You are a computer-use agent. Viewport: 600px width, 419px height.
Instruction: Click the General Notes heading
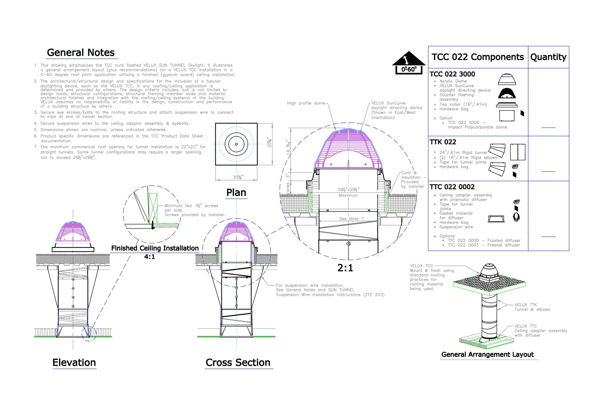pyautogui.click(x=81, y=53)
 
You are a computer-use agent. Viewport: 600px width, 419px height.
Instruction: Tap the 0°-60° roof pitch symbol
pyautogui.click(x=409, y=63)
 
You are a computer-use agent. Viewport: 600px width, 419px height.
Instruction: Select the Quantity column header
pyautogui.click(x=548, y=57)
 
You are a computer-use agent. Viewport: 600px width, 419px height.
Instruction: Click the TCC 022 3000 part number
pyautogui.click(x=452, y=74)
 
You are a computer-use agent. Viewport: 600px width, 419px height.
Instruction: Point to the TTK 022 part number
pyautogui.click(x=443, y=142)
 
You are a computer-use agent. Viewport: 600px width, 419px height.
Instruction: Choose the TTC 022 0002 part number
pyautogui.click(x=452, y=187)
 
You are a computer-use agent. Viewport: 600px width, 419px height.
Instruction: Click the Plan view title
pyautogui.click(x=236, y=193)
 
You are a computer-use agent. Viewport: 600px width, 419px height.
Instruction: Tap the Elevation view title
pyautogui.click(x=74, y=363)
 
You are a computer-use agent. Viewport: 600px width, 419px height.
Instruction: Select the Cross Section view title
pyautogui.click(x=238, y=363)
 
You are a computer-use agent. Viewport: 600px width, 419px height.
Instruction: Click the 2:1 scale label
pyautogui.click(x=345, y=268)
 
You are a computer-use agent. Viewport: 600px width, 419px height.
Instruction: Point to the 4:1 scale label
pyautogui.click(x=149, y=257)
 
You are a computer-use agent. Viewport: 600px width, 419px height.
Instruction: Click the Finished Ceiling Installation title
pyautogui.click(x=155, y=248)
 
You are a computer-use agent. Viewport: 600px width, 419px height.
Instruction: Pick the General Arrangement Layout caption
pyautogui.click(x=487, y=354)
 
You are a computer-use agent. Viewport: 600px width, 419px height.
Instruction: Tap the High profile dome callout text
pyautogui.click(x=306, y=103)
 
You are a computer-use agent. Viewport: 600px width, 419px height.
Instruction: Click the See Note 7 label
pyautogui.click(x=351, y=219)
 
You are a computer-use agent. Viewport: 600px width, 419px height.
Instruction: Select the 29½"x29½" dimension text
pyautogui.click(x=348, y=190)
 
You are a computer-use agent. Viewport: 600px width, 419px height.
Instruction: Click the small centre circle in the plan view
pyautogui.click(x=236, y=144)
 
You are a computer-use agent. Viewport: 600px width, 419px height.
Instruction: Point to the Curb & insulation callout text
pyautogui.click(x=413, y=180)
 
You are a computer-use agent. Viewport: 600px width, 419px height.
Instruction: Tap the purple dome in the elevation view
pyautogui.click(x=73, y=232)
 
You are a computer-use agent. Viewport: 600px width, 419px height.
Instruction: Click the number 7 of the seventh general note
pyautogui.click(x=35, y=147)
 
